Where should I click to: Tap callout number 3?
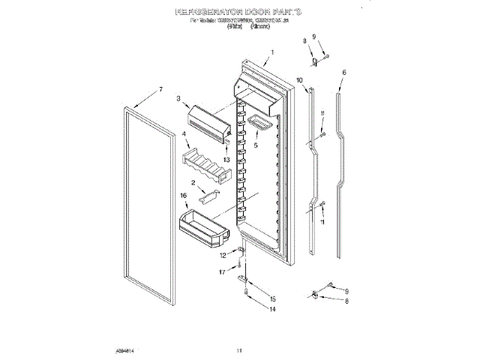coord(179,98)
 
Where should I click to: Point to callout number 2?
coord(193,182)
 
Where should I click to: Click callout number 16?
coord(182,195)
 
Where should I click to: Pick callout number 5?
coord(256,147)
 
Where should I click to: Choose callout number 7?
coord(160,90)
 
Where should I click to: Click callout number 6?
coord(343,73)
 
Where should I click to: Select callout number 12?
coord(222,256)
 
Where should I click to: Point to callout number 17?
coord(222,272)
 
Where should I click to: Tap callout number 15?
coord(272,298)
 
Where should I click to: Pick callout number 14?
coord(273,309)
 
